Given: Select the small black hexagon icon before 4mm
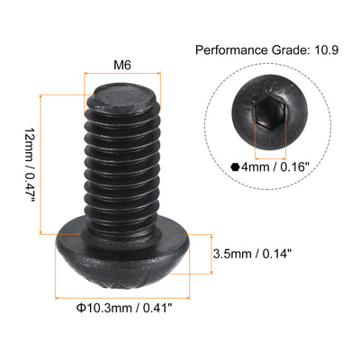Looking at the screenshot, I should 235,166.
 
